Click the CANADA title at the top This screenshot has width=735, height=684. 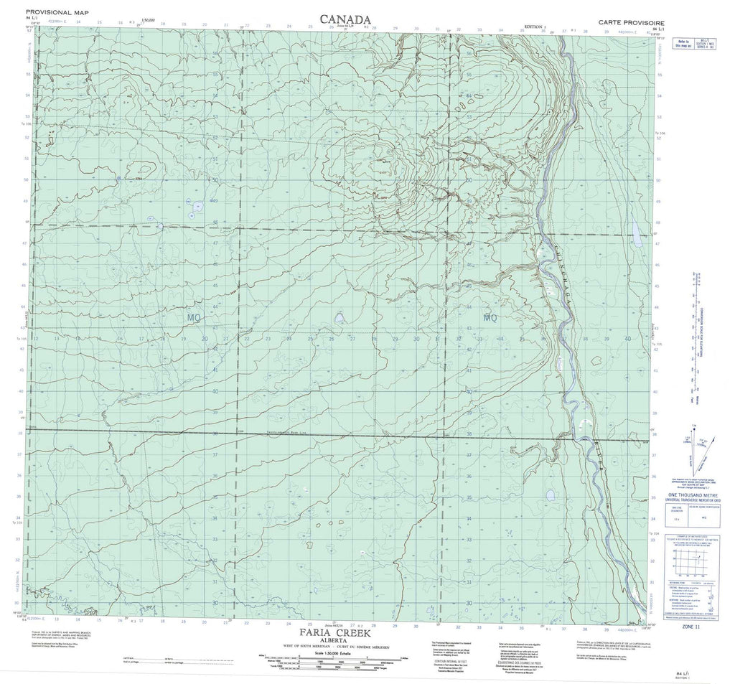(x=345, y=19)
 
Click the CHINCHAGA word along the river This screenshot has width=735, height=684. (x=556, y=269)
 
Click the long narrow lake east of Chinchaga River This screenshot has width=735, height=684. (x=635, y=230)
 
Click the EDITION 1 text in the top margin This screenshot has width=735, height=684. (x=535, y=26)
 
